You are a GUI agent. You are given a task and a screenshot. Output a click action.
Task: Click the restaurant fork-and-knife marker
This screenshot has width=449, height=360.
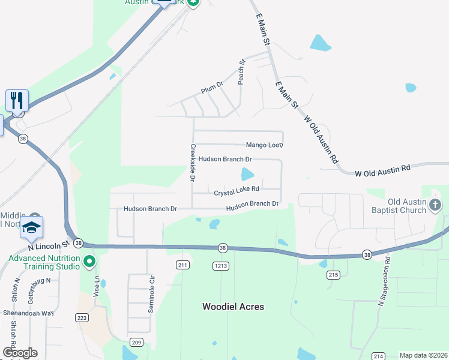tap(17, 100)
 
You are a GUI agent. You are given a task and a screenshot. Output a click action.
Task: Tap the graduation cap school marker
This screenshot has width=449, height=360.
tap(31, 227)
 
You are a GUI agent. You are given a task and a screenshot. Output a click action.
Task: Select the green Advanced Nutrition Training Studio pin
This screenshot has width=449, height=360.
tap(89, 261)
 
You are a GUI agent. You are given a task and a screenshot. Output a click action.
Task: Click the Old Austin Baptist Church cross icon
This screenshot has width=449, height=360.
tap(436, 206)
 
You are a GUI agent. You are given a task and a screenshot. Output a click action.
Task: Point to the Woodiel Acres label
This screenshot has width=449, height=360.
tap(233, 307)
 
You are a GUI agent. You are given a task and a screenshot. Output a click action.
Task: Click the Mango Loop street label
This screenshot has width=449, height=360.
tap(264, 145)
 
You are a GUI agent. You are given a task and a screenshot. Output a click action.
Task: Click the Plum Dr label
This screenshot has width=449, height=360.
tap(212, 87)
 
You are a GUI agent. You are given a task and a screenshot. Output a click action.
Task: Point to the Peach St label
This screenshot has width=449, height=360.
tap(242, 71)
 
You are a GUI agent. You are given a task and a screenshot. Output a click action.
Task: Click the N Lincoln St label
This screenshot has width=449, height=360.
tap(49, 245)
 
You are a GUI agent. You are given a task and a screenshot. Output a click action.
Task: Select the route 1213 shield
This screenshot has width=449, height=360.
tap(220, 265)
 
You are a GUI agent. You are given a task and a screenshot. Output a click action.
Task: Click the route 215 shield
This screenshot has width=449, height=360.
tap(334, 275)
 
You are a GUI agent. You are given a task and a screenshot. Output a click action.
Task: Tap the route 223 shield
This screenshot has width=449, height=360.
tap(82, 317)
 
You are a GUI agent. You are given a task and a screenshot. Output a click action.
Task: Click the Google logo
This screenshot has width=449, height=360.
tap(20, 353)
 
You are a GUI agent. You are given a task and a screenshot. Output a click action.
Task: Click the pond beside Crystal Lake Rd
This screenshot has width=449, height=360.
tap(247, 175)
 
